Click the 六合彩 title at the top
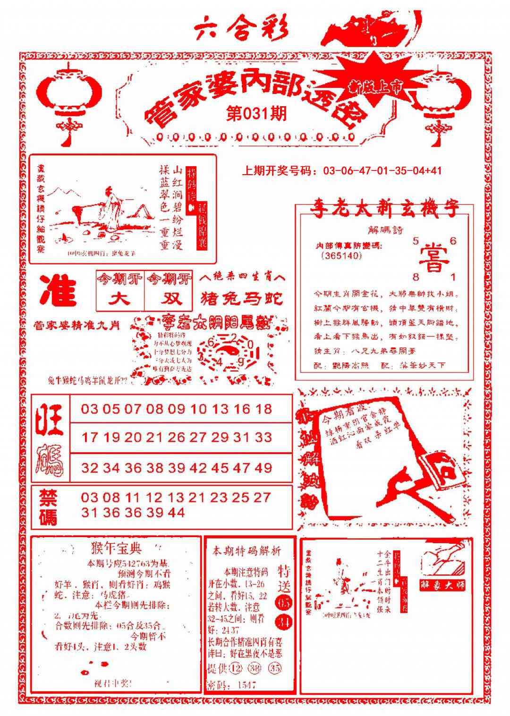coord(241,30)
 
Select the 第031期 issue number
coord(256,114)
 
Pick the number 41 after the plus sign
coord(433,171)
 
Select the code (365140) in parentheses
coord(341,256)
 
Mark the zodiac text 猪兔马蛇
coord(242,299)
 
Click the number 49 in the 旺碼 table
coord(263,468)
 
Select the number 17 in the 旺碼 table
coord(89,438)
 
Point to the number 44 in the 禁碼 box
coord(176,513)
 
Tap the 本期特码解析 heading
coord(246,551)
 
